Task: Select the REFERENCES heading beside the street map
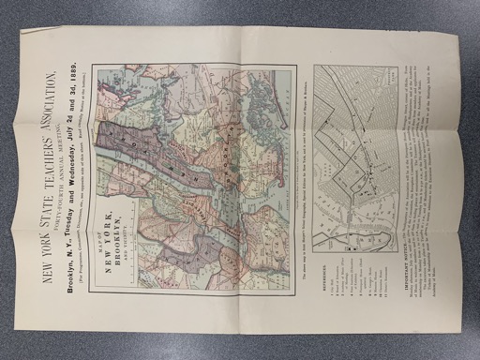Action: coord(322,276)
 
